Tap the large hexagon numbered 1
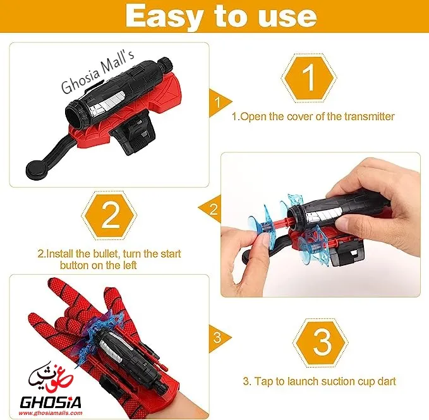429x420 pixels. (309, 78)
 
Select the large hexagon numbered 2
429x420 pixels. (109, 216)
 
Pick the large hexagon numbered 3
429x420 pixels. (320, 343)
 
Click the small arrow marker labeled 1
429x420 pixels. (219, 103)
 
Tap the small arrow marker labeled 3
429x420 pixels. (219, 338)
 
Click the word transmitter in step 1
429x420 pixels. (369, 116)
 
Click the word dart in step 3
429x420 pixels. (387, 381)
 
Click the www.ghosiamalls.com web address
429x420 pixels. (51, 413)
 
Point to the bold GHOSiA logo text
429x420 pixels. (51, 403)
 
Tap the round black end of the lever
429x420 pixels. (37, 168)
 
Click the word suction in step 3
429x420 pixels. (337, 381)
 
